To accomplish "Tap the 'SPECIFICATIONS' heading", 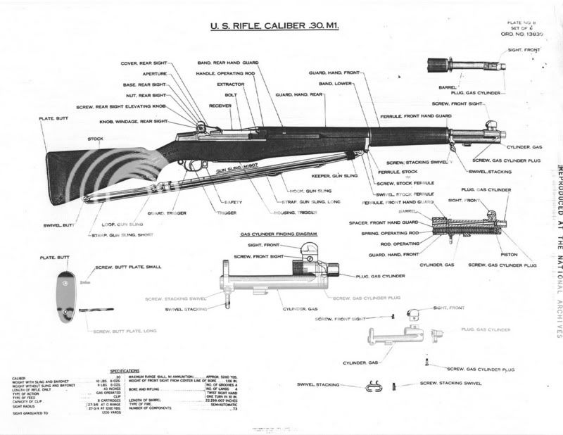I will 129,370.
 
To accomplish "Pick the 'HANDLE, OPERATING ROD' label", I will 220,72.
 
